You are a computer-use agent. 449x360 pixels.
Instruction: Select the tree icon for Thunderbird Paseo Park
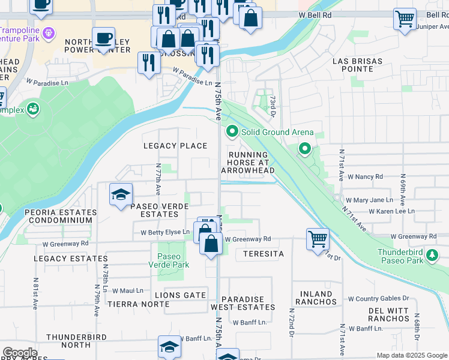[432, 256]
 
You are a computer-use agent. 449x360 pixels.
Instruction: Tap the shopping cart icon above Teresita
[317, 238]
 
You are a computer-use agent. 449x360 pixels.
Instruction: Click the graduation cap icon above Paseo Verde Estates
[121, 194]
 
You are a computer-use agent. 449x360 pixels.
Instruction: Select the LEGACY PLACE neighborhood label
[175, 146]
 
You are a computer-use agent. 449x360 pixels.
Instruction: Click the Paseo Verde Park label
[173, 260]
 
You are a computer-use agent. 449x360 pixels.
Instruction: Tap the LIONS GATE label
[180, 295]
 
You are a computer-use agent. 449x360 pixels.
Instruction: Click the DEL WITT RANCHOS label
[388, 314]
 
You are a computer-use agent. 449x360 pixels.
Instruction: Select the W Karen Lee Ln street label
[391, 211]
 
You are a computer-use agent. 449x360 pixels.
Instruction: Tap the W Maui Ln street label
[128, 290]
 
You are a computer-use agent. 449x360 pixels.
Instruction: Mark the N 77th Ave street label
[158, 179]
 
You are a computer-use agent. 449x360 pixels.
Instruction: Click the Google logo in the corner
[20, 353]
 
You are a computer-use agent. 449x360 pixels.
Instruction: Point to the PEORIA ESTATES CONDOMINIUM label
[60, 217]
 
